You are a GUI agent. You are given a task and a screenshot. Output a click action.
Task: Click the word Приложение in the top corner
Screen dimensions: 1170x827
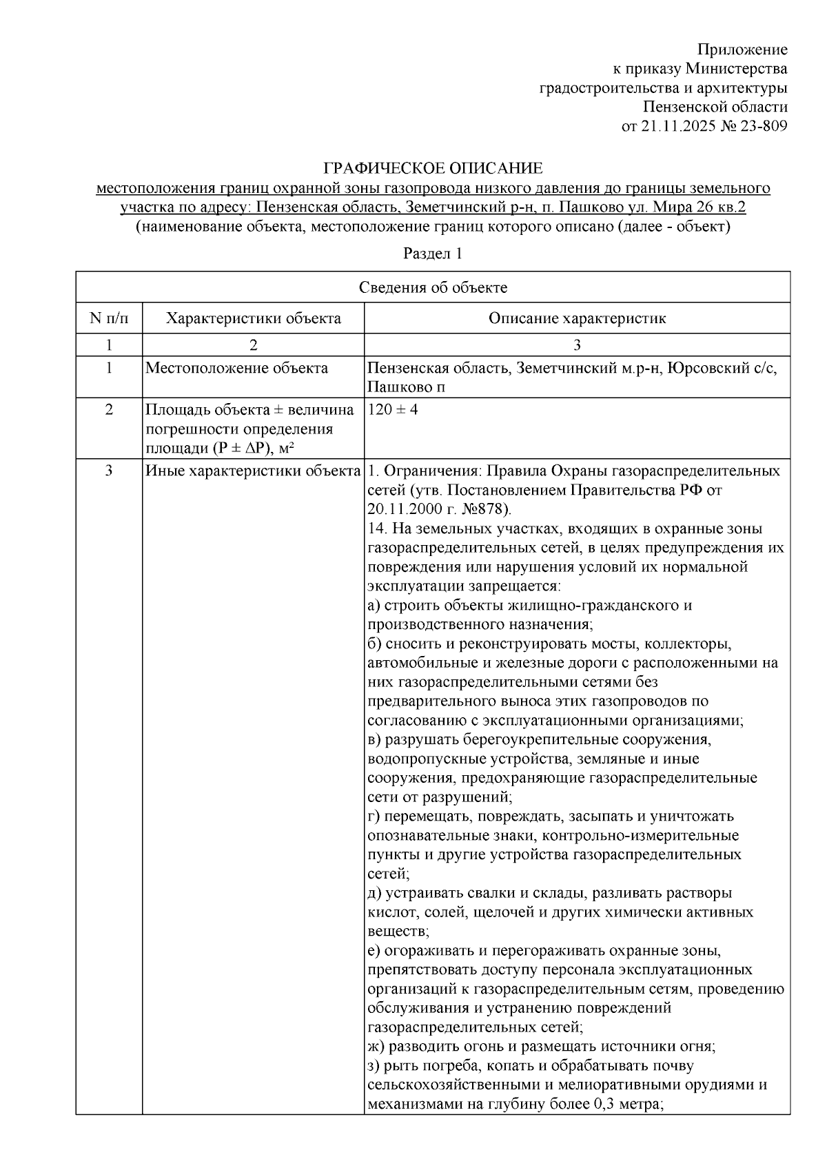coord(742,50)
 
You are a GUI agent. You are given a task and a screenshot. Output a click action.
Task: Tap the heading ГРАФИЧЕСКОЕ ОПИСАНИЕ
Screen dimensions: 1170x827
coord(433,168)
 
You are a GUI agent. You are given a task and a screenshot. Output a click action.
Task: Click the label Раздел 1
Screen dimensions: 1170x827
coord(432,253)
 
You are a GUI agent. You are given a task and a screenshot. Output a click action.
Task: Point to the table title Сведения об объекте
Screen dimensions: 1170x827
coord(433,287)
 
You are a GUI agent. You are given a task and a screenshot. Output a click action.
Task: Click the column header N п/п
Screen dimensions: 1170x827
coord(108,318)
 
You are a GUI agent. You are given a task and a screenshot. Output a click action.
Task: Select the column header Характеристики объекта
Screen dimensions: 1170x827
coord(254,318)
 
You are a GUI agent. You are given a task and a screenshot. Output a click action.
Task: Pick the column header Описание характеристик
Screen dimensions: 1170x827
coord(577,318)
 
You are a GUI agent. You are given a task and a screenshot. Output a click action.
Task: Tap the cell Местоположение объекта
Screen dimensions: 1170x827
coord(236,368)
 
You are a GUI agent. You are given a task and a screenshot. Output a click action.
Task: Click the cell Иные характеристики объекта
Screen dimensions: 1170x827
coord(253,471)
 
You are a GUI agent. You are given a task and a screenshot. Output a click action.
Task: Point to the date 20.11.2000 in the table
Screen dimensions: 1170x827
coord(399,509)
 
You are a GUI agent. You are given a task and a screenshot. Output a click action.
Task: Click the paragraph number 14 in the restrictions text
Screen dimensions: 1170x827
coord(376,528)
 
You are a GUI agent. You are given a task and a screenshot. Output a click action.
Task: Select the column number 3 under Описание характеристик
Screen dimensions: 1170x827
coord(577,345)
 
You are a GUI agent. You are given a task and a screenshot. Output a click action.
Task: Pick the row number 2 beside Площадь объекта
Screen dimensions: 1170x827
coord(108,410)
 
